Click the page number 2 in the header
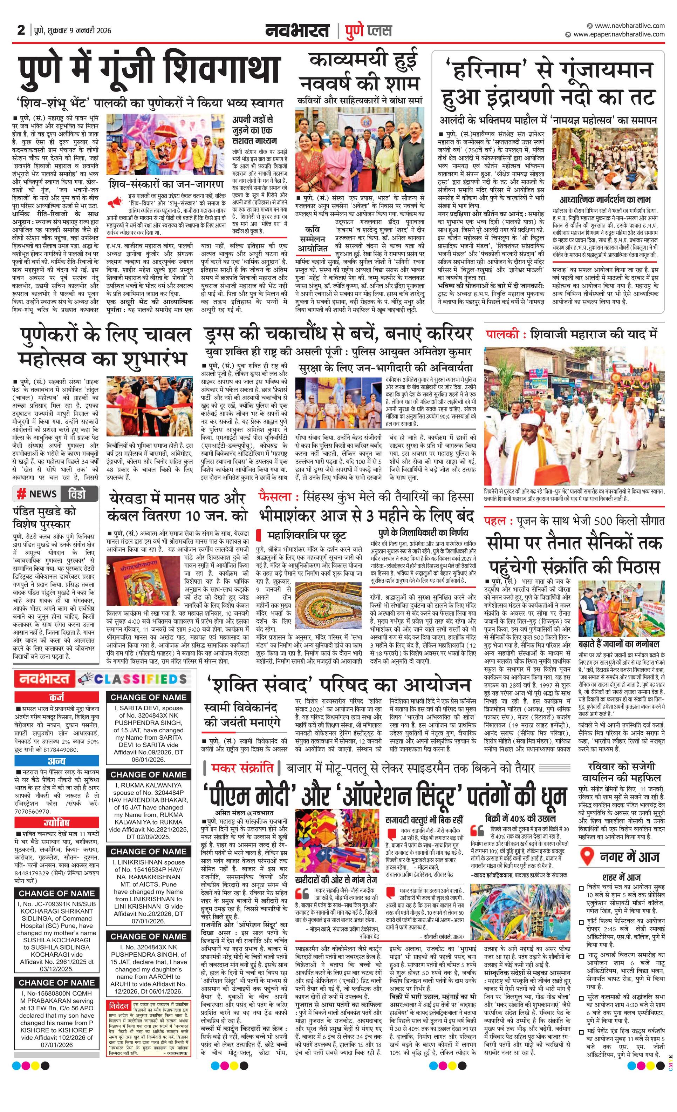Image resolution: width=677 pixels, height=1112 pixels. [21, 30]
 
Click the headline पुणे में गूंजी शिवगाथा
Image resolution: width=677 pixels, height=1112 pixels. [149, 72]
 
